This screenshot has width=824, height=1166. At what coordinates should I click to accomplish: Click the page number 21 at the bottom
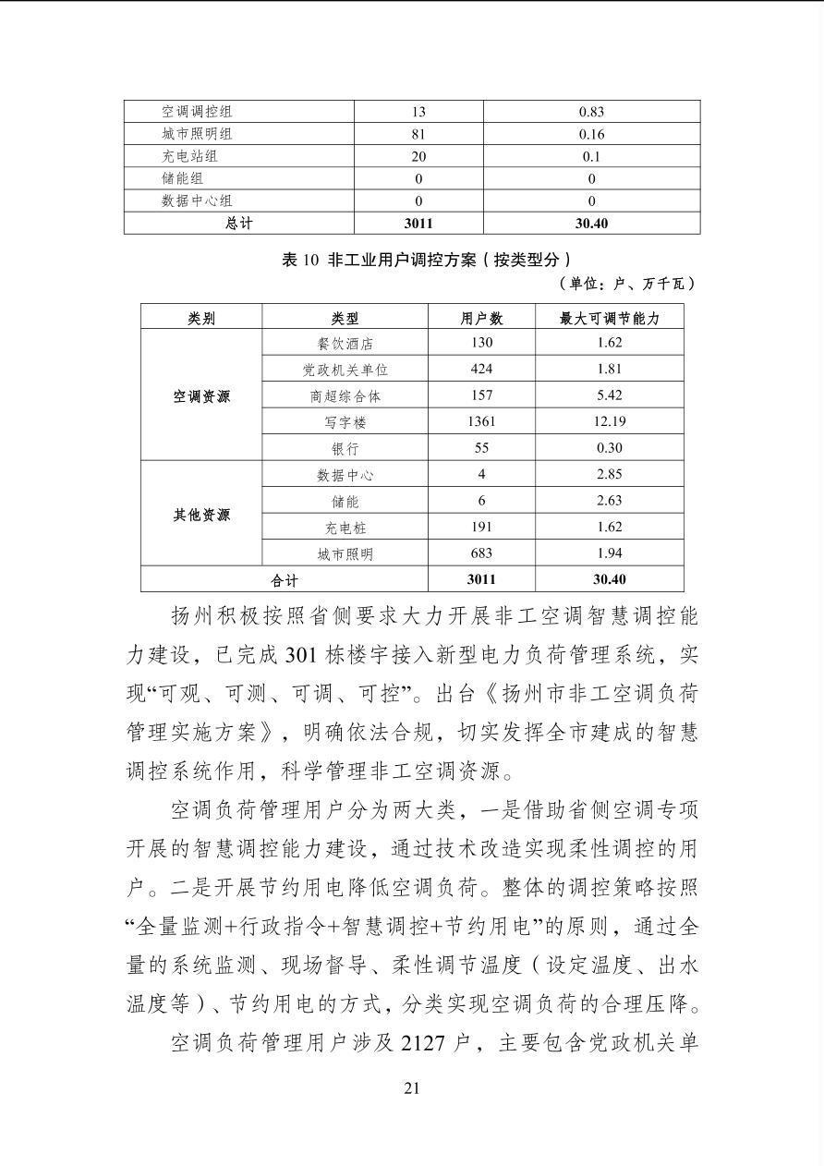tap(412, 1087)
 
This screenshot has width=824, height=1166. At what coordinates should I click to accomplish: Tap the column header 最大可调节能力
tap(609, 318)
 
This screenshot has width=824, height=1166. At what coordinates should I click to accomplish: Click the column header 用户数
tap(481, 318)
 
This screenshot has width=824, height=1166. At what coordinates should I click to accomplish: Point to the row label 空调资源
tap(201, 396)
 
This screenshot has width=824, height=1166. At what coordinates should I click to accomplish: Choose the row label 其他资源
tap(201, 515)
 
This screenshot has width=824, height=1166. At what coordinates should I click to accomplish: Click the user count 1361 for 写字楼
tap(481, 421)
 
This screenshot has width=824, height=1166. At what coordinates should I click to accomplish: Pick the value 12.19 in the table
tap(609, 421)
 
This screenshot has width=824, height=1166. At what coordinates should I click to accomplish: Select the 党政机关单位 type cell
tap(345, 370)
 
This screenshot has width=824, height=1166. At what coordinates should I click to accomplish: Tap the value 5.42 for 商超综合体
tap(609, 395)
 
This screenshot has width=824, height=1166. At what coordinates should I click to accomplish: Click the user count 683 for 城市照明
tap(481, 553)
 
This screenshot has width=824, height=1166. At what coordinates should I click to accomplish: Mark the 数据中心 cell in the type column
tap(345, 475)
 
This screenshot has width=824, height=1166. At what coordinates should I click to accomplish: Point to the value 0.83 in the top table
tap(591, 112)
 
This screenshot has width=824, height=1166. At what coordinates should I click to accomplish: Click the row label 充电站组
tap(189, 156)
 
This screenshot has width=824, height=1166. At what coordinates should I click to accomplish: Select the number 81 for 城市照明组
tap(418, 134)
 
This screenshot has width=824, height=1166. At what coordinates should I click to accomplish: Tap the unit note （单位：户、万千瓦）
tap(627, 284)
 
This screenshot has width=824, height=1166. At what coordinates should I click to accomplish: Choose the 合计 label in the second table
tap(285, 580)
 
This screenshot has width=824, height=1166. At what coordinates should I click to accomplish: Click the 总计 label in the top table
tap(238, 224)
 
